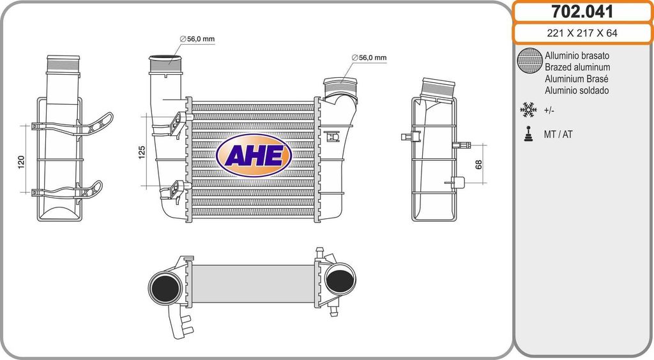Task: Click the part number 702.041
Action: coord(582,11)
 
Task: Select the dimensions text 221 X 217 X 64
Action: coord(582,34)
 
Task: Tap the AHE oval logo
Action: coord(254,155)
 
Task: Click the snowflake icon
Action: coord(528,110)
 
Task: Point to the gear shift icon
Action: coord(528,135)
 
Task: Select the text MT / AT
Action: coord(558,135)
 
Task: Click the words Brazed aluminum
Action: coord(577,67)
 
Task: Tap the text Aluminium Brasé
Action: coord(576,79)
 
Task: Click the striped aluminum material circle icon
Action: coord(529,61)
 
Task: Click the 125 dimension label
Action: coord(142,152)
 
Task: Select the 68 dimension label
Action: coord(478,163)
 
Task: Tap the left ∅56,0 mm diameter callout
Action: coord(197,39)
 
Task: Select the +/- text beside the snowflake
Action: coord(549,110)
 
